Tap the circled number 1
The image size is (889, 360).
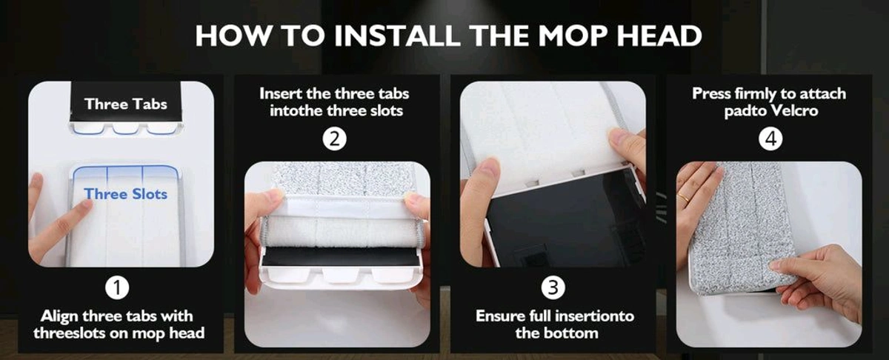click(119, 287)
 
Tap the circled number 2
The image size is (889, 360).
click(335, 139)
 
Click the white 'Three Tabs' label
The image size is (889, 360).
click(125, 104)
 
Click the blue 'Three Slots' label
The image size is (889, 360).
click(125, 194)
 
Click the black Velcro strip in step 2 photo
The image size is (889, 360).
click(340, 256)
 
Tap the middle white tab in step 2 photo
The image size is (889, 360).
click(340, 275)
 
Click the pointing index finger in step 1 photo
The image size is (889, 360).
click(63, 222)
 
